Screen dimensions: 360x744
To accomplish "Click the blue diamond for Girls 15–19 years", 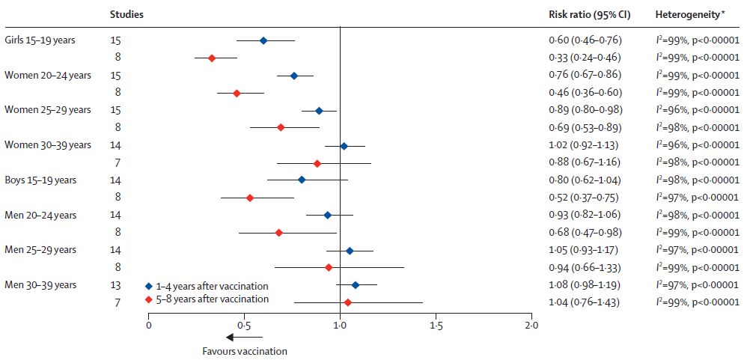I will tap(263, 40).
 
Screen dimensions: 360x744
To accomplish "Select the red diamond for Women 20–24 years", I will tap(237, 93).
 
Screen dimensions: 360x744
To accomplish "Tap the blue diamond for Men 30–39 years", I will tap(356, 285).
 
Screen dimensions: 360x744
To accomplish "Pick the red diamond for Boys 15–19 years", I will tap(250, 198).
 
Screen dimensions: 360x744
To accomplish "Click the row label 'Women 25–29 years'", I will tap(48, 110).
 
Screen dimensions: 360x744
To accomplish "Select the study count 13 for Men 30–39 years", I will tap(116, 285).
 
